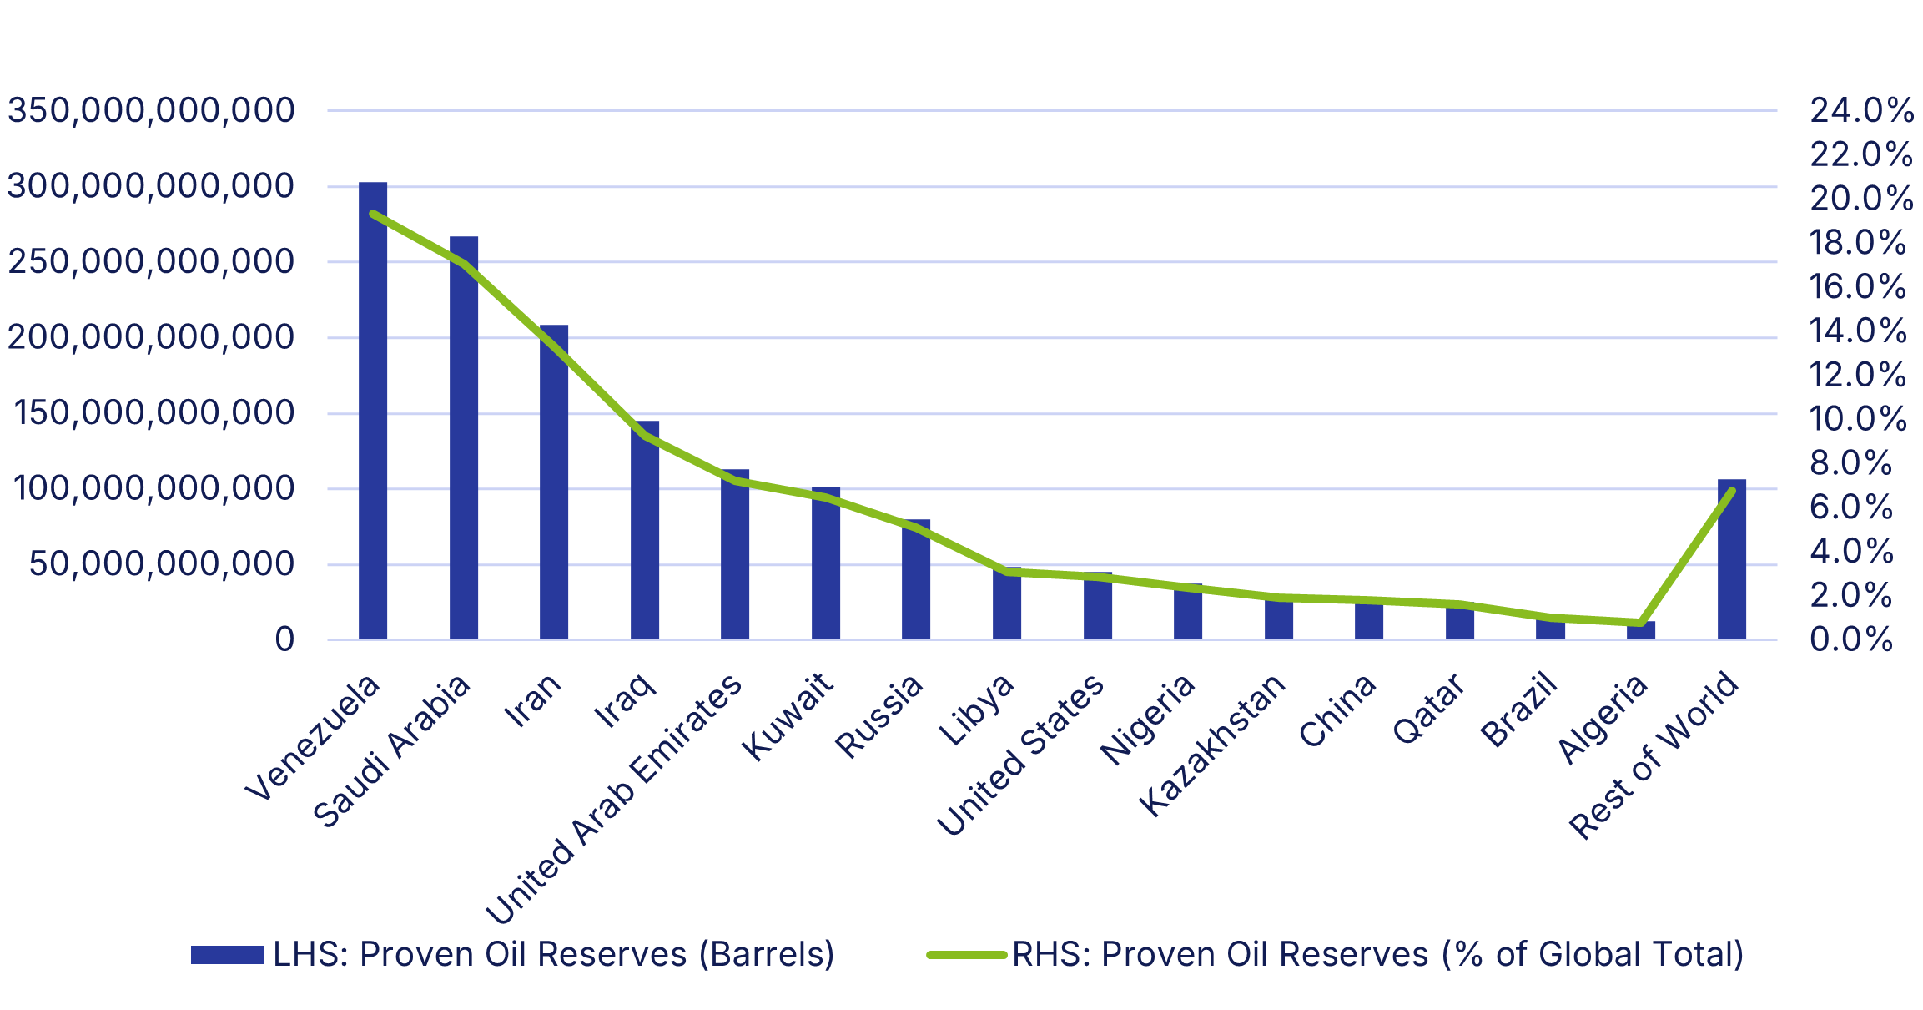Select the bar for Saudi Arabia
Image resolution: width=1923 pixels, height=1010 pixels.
coord(463,438)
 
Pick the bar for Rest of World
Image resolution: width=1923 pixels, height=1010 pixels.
coord(1731,559)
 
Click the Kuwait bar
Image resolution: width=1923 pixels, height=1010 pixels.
coord(825,563)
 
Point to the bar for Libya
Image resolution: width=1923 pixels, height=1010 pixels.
coord(1006,603)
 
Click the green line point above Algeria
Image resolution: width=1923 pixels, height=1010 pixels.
coord(1641,623)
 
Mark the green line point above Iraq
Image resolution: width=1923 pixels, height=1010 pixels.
coord(645,436)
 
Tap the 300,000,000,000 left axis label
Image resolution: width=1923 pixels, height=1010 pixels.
coord(151,185)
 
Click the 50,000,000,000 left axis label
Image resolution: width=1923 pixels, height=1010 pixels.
coord(162,564)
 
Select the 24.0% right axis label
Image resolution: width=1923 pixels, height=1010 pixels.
coord(1861,110)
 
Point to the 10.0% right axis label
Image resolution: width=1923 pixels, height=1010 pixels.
coord(1858,419)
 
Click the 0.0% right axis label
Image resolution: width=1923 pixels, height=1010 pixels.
coord(1851,639)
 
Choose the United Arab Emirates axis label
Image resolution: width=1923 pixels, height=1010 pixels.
coord(613,800)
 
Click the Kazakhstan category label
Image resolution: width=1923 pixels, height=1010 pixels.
coord(1212,745)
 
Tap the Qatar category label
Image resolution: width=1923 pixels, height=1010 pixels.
coord(1428,709)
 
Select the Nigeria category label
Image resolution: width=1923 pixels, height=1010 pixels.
coord(1147,720)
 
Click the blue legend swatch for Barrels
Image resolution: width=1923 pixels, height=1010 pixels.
coord(227,954)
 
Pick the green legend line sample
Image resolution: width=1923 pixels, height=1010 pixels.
coord(966,954)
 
